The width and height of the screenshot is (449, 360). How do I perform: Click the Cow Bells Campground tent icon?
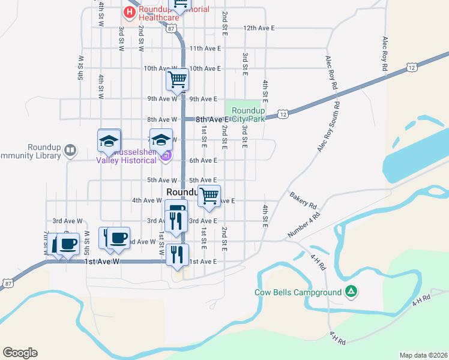pyautogui.click(x=351, y=292)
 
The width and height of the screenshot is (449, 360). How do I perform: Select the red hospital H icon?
pyautogui.click(x=129, y=12)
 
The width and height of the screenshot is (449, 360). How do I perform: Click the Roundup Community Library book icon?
pyautogui.click(x=70, y=149)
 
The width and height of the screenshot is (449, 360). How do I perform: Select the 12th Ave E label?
pyautogui.click(x=259, y=28)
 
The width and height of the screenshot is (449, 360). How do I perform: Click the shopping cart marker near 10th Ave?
pyautogui.click(x=177, y=79)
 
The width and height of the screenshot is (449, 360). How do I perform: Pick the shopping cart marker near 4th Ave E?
pyautogui.click(x=209, y=196)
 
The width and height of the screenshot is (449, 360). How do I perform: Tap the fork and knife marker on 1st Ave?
pyautogui.click(x=177, y=254)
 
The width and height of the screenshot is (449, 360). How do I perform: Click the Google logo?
pyautogui.click(x=20, y=353)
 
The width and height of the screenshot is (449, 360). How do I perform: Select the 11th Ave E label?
pyautogui.click(x=205, y=48)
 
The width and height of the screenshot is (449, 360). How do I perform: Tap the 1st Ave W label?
pyautogui.click(x=103, y=262)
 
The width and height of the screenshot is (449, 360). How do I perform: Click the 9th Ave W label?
pyautogui.click(x=161, y=99)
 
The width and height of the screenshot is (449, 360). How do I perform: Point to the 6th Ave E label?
pyautogui.click(x=203, y=160)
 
